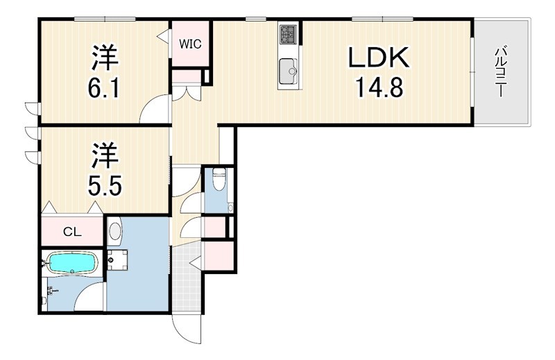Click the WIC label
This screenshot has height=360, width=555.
[190, 44]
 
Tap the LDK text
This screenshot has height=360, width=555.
[379, 58]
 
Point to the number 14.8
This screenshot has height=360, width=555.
[379, 87]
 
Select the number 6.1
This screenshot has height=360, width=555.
[105, 87]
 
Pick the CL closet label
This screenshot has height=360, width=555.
[72, 232]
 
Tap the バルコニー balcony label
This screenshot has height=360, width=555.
[499, 73]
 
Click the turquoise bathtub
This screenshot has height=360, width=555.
[72, 264]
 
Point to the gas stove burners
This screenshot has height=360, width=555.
[289, 33]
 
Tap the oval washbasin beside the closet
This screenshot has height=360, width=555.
[114, 231]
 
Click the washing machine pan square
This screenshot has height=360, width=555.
[117, 260]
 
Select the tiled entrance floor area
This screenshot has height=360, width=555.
[187, 278]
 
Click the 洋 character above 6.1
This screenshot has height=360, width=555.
[105, 58]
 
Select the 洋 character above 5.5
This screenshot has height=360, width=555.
[105, 156]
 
